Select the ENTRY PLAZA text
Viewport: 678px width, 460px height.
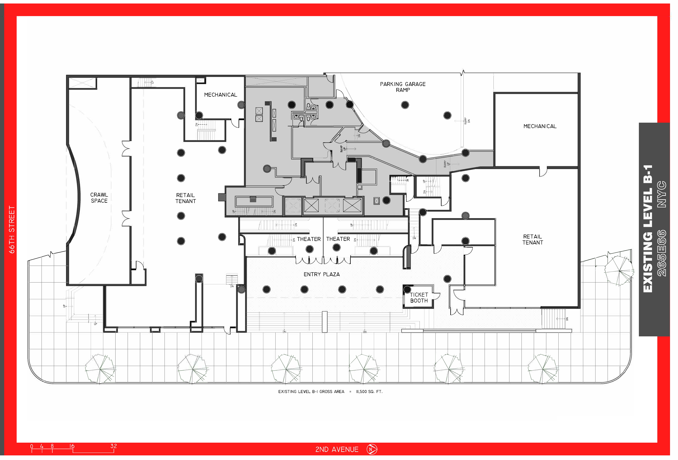(x=321, y=274)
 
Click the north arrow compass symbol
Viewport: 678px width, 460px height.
(x=372, y=449)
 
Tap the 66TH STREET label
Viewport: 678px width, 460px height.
(x=12, y=229)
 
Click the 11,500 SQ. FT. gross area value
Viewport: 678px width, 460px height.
(x=369, y=392)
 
